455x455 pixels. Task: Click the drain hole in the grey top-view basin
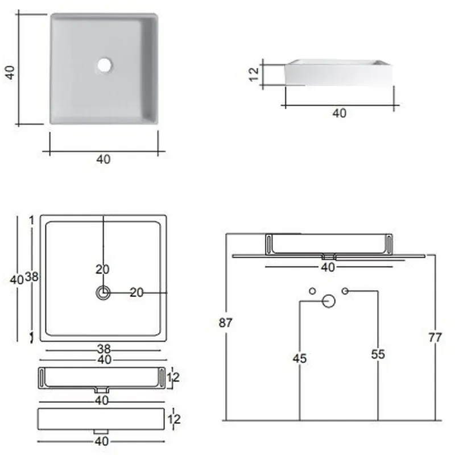[x=105, y=65]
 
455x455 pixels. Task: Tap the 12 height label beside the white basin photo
[x=254, y=74]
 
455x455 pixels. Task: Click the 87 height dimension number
[x=225, y=322]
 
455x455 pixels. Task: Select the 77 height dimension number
[x=435, y=337]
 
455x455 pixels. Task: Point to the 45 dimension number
[x=300, y=359]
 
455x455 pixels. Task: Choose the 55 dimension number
[x=378, y=354]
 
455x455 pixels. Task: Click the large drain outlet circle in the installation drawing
[x=329, y=301]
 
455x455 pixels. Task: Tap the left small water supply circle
[x=312, y=291]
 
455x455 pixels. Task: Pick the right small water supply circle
[x=345, y=291]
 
